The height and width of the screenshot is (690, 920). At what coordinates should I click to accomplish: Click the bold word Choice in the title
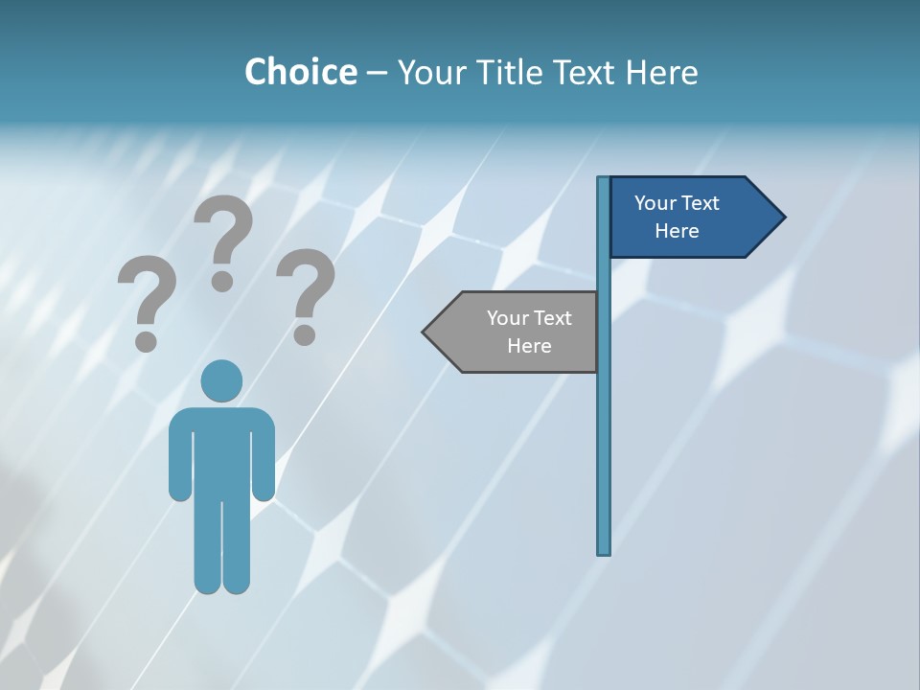pos(300,72)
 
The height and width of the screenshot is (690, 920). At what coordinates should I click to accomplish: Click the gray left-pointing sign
pos(517,332)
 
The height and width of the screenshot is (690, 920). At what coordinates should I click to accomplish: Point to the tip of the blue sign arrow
pos(783,217)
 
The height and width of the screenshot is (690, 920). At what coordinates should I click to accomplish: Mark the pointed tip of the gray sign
pos(425,332)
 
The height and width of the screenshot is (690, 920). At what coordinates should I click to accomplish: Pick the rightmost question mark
pos(306,292)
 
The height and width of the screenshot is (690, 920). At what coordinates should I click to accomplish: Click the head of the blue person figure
pos(221,380)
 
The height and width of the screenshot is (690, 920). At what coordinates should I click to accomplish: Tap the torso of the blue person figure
pos(221,450)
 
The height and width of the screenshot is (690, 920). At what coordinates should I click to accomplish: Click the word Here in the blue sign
pos(677,231)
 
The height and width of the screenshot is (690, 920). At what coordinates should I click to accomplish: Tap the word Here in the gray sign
pos(529,346)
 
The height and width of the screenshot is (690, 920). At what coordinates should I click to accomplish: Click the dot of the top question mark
pos(222,280)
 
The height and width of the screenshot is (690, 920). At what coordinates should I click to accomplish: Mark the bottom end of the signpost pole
pos(604,551)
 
